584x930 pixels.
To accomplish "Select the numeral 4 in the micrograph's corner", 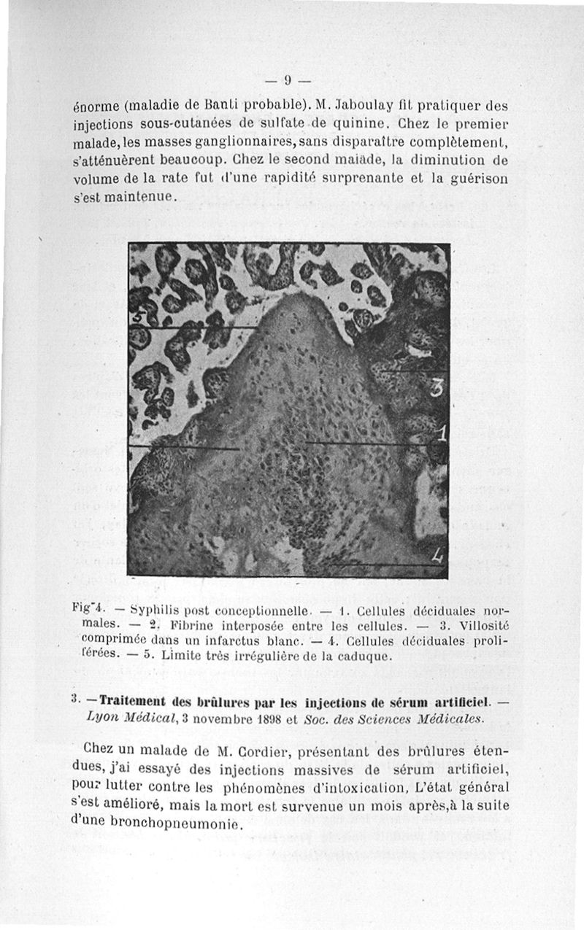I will pos(437,557).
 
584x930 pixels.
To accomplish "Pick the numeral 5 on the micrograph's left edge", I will pos(134,318).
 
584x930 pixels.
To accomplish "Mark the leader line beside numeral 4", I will pos(380,565).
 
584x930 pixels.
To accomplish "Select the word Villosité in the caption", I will pos(477,626).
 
